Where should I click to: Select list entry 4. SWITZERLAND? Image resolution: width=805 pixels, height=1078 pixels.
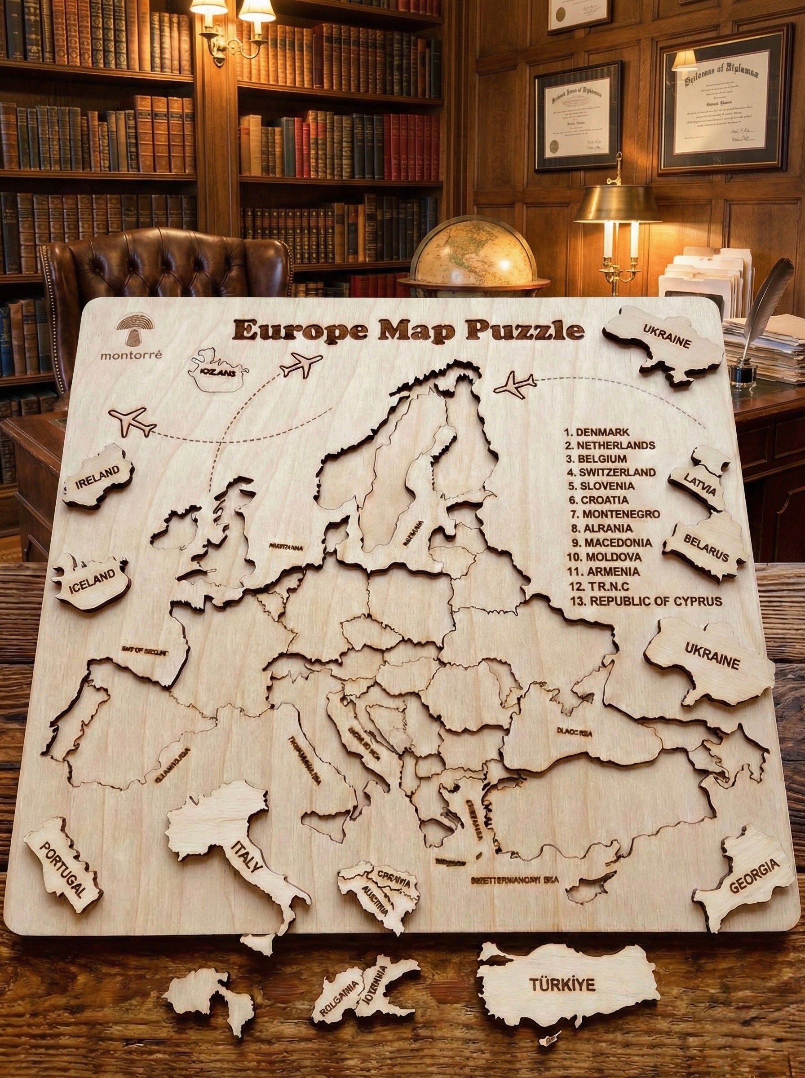(x=611, y=472)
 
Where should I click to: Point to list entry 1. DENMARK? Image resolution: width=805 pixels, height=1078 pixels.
(x=597, y=432)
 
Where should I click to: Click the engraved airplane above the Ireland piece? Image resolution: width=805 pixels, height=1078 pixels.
(x=131, y=421)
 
